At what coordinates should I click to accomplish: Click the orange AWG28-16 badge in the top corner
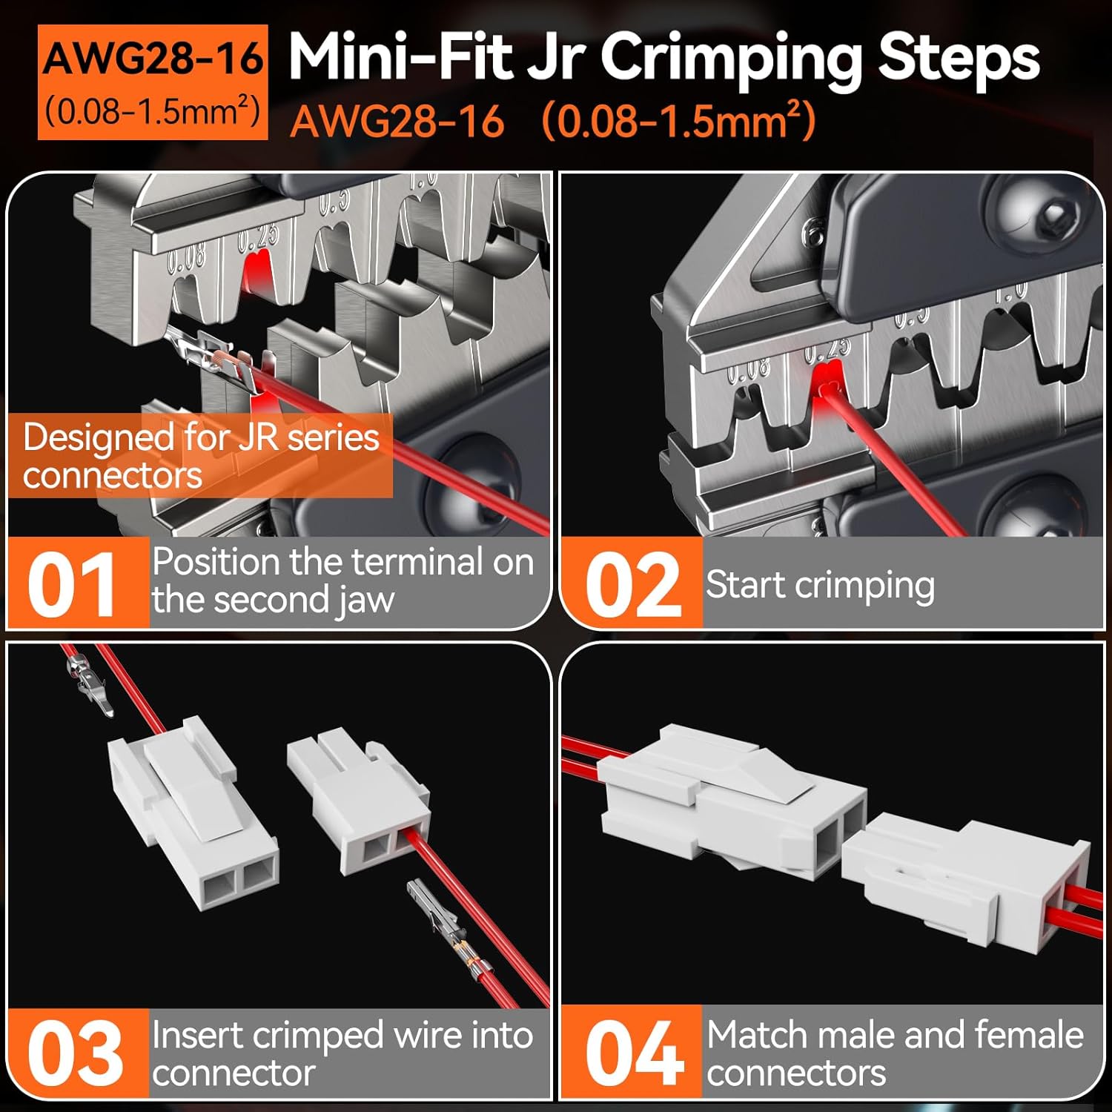click(152, 83)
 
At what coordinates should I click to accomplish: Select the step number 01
click(73, 585)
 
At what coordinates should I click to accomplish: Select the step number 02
click(632, 585)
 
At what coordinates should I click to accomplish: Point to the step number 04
click(633, 1053)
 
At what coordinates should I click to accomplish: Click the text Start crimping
click(820, 585)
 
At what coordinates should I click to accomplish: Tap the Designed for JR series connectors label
click(200, 455)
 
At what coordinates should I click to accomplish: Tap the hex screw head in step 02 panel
click(1053, 215)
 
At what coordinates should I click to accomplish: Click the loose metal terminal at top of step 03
click(87, 682)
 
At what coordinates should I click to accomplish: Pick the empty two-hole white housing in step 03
click(193, 815)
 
